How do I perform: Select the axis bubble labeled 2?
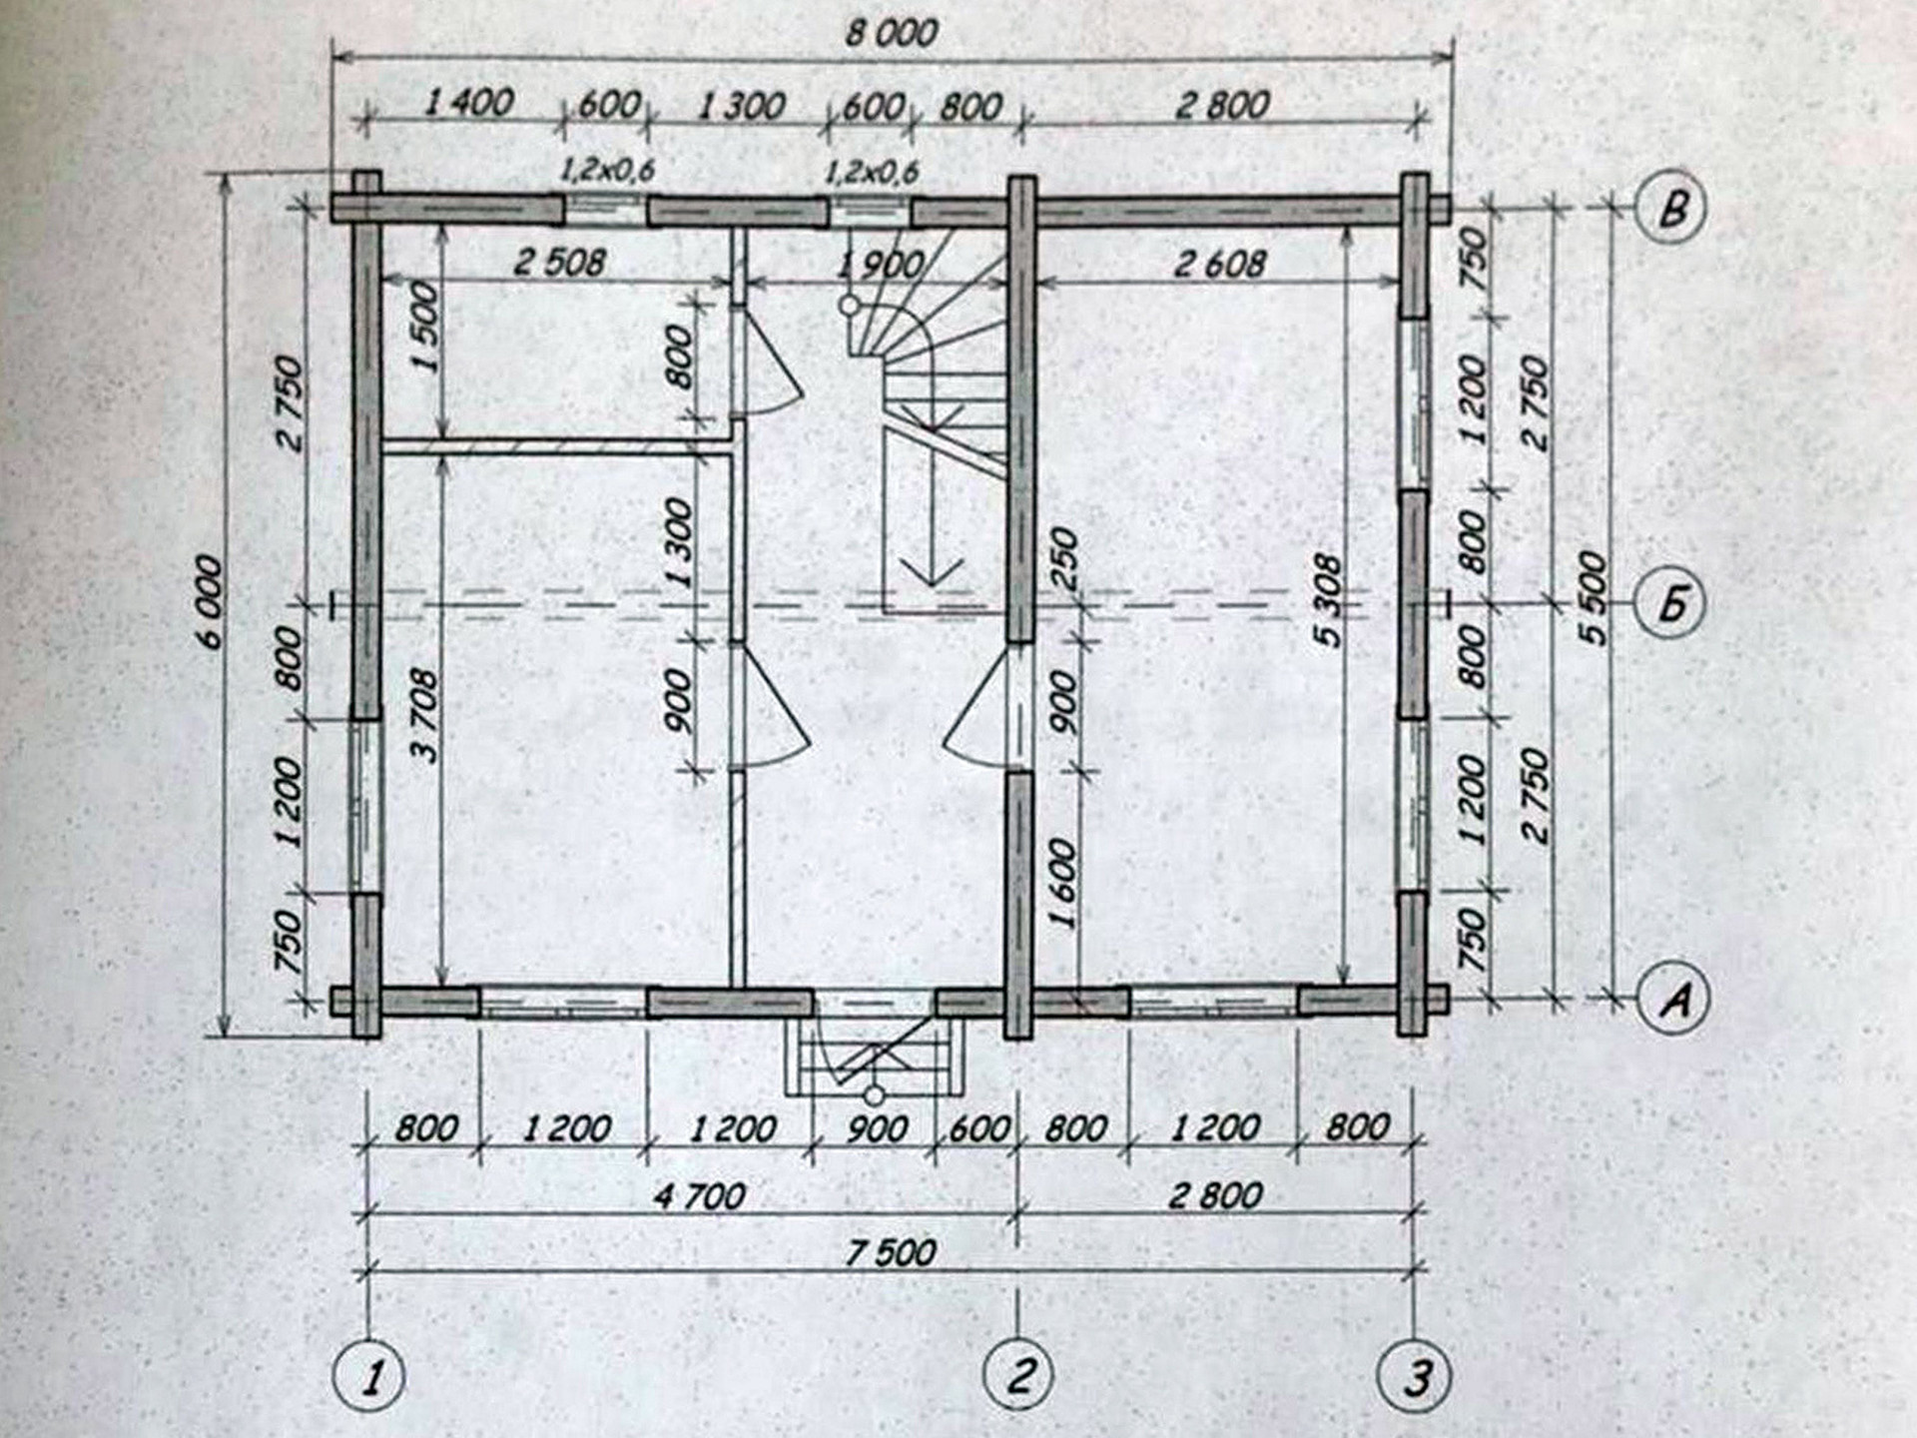1019,1375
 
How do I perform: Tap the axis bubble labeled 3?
1414,1377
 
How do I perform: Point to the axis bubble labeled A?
1672,997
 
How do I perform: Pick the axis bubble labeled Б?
1672,603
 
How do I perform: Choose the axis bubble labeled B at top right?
1672,209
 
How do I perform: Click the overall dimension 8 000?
891,34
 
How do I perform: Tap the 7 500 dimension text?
891,1252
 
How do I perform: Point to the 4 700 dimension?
699,1195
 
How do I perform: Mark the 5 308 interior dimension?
1329,599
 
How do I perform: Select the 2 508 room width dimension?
559,263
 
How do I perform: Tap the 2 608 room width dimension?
1219,265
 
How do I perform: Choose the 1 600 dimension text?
1064,884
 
